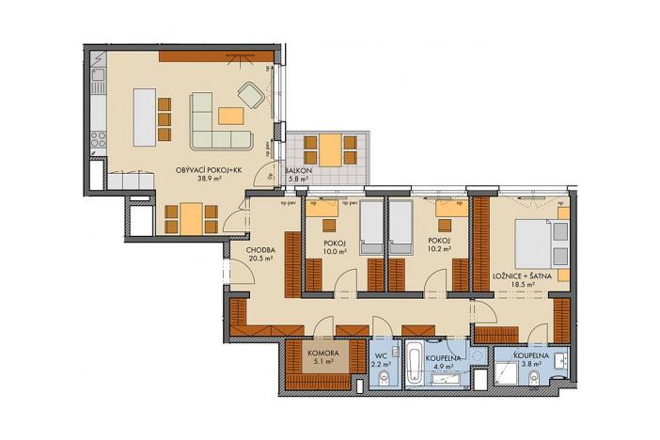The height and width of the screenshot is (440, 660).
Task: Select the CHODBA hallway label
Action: [260, 250]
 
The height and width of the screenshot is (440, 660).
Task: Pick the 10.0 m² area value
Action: [336, 250]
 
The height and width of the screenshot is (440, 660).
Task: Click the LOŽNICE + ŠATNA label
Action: [526, 275]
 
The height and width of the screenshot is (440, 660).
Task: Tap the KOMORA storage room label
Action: [322, 354]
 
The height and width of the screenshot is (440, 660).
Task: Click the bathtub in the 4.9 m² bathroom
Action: [414, 362]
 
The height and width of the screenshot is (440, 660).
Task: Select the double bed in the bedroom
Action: [537, 244]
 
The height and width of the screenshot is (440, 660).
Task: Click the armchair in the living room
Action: [251, 94]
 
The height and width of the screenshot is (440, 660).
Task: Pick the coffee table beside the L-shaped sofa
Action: [231, 116]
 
